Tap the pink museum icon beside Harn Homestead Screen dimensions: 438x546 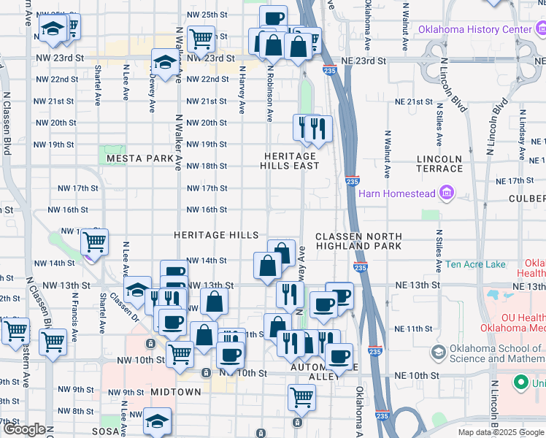(x=446, y=193)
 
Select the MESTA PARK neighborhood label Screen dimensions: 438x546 (x=139, y=158)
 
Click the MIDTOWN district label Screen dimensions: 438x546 (x=175, y=392)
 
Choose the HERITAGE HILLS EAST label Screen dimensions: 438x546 (x=291, y=161)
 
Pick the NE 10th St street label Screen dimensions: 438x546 (x=416, y=375)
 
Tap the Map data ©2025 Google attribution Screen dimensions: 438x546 (x=501, y=432)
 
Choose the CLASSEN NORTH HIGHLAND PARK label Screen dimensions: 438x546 (x=358, y=241)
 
